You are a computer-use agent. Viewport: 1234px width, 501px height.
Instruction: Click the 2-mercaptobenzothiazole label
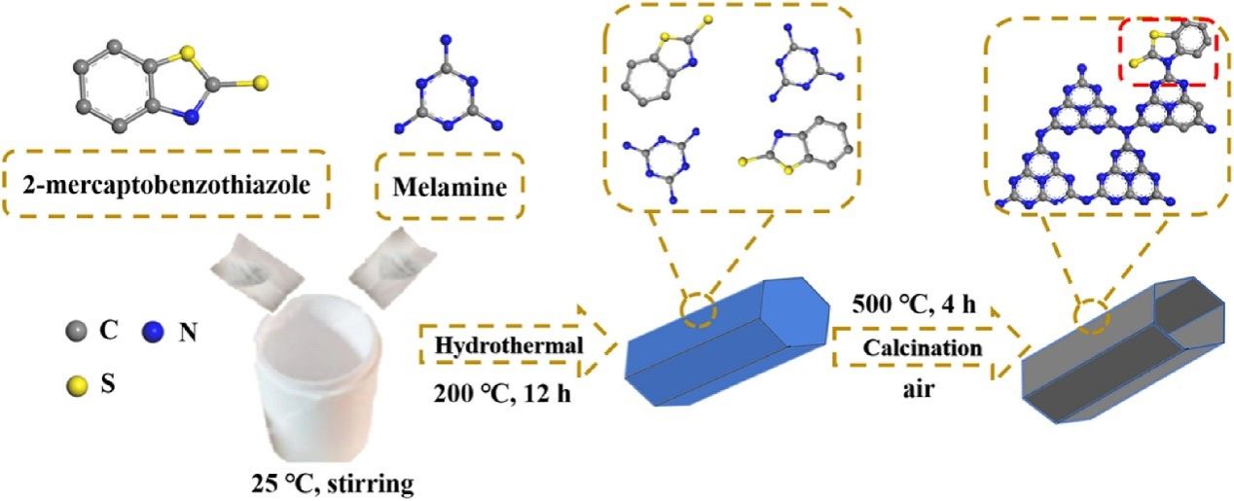[x=167, y=184]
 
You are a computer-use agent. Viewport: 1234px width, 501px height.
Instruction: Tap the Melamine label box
[x=450, y=185]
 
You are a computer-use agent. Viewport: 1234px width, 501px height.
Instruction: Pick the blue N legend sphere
[x=153, y=331]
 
